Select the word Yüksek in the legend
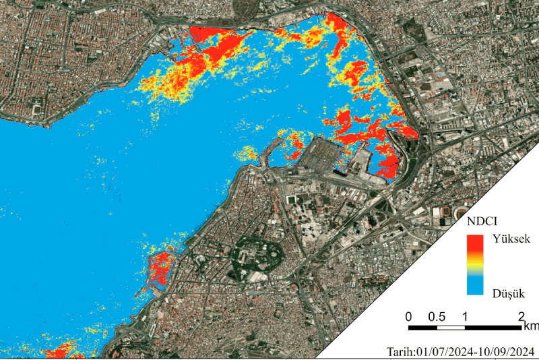coord(511,239)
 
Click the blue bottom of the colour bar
coord(476,289)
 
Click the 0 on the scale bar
coord(409,317)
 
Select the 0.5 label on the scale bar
coord(436,317)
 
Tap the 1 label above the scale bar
coord(465,317)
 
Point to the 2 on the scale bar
coord(521,317)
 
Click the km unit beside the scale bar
coord(530,326)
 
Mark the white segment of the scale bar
coord(451,328)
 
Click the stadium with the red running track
coord(446,212)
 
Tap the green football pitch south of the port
coord(292,200)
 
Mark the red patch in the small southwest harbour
coord(161,267)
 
